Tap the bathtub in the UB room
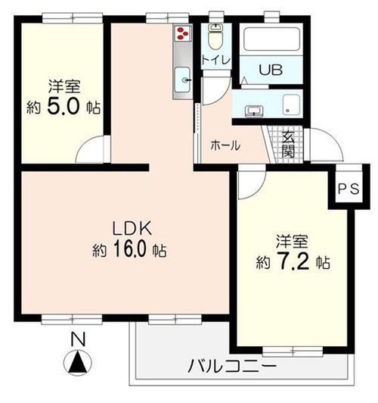[x=271, y=39]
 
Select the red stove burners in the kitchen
[x=183, y=33]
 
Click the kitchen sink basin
[x=183, y=80]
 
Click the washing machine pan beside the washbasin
[x=291, y=105]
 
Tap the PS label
[x=349, y=189]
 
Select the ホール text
[x=225, y=145]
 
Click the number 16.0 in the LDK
[x=131, y=249]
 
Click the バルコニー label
[x=232, y=366]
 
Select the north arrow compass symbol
[x=77, y=364]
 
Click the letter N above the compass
[x=78, y=339]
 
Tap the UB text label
[x=271, y=70]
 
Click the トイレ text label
[x=216, y=61]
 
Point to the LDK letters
[x=132, y=228]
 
